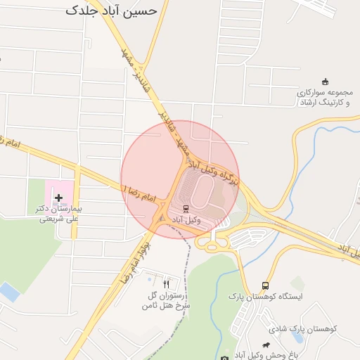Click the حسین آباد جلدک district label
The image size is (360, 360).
[116, 10]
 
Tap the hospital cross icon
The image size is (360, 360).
[58, 199]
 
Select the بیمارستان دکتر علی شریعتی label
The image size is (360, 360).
[59, 214]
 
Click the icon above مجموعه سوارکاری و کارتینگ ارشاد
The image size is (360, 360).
[324, 82]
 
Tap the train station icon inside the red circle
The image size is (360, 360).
[186, 208]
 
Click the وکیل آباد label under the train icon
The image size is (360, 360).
[186, 220]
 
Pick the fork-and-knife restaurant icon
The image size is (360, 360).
[167, 284]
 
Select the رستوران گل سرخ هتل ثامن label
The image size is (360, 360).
[166, 300]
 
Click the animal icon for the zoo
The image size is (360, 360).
[266, 345]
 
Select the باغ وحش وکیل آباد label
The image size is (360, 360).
[267, 355]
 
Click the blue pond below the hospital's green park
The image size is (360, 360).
[9, 291]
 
